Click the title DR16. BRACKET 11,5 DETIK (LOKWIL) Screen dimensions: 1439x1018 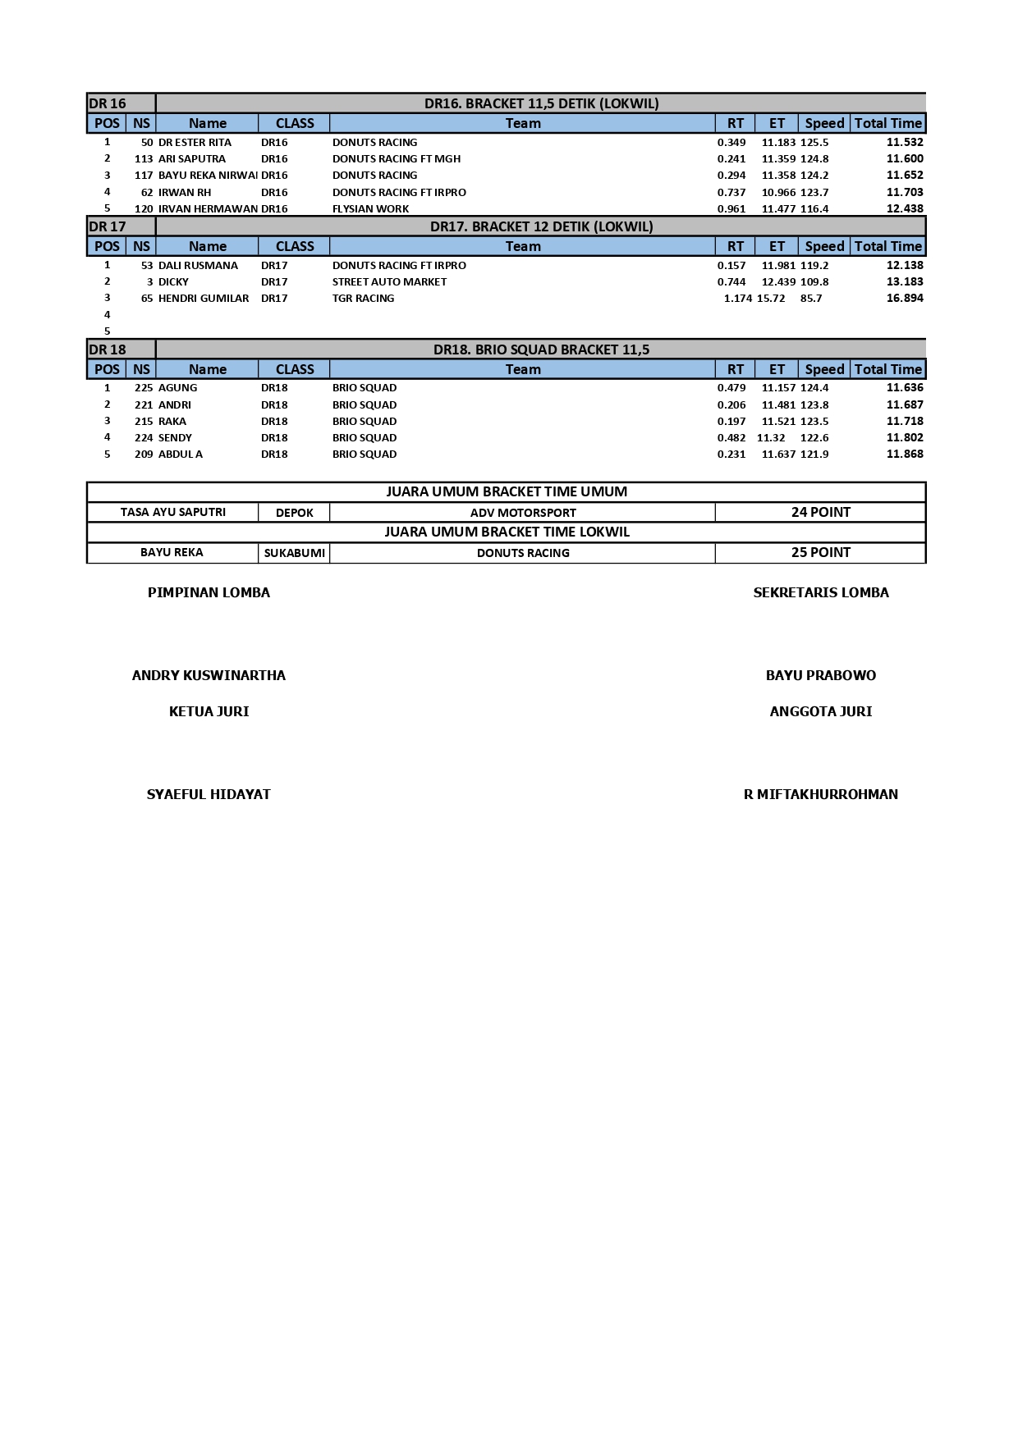click(541, 103)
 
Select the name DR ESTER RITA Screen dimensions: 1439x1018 click(195, 143)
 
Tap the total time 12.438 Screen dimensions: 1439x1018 click(905, 208)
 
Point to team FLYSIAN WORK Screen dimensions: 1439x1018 click(370, 208)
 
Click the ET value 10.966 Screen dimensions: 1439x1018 click(778, 192)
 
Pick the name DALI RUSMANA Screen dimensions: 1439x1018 click(198, 266)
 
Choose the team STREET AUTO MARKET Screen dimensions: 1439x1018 click(389, 282)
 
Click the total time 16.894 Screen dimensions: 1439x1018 click(905, 299)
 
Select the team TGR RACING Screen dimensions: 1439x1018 click(363, 299)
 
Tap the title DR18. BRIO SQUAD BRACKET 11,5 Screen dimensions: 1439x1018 click(541, 349)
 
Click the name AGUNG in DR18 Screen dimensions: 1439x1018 click(177, 388)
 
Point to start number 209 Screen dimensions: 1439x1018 click(144, 455)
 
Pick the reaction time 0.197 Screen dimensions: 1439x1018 click(731, 422)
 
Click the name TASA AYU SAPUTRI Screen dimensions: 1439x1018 click(172, 512)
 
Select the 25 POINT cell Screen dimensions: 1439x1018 click(820, 552)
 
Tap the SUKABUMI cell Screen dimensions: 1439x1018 click(294, 553)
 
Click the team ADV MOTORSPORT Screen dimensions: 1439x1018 click(523, 513)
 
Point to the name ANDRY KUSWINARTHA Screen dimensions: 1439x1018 click(209, 676)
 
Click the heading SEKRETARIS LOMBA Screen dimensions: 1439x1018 click(820, 592)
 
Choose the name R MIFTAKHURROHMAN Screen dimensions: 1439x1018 click(820, 794)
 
